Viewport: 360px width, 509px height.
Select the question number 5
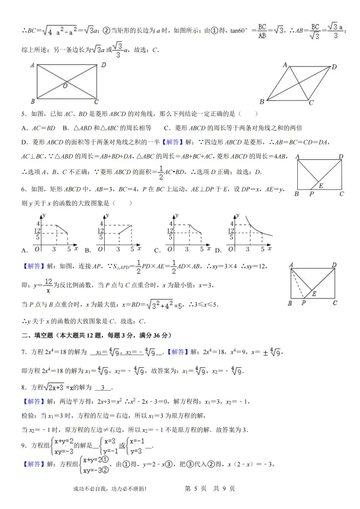23,114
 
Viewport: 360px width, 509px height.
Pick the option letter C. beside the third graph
157,250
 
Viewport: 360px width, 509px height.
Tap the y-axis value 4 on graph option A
38,224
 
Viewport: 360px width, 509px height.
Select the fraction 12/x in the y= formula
49,285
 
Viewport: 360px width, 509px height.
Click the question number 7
23,352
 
